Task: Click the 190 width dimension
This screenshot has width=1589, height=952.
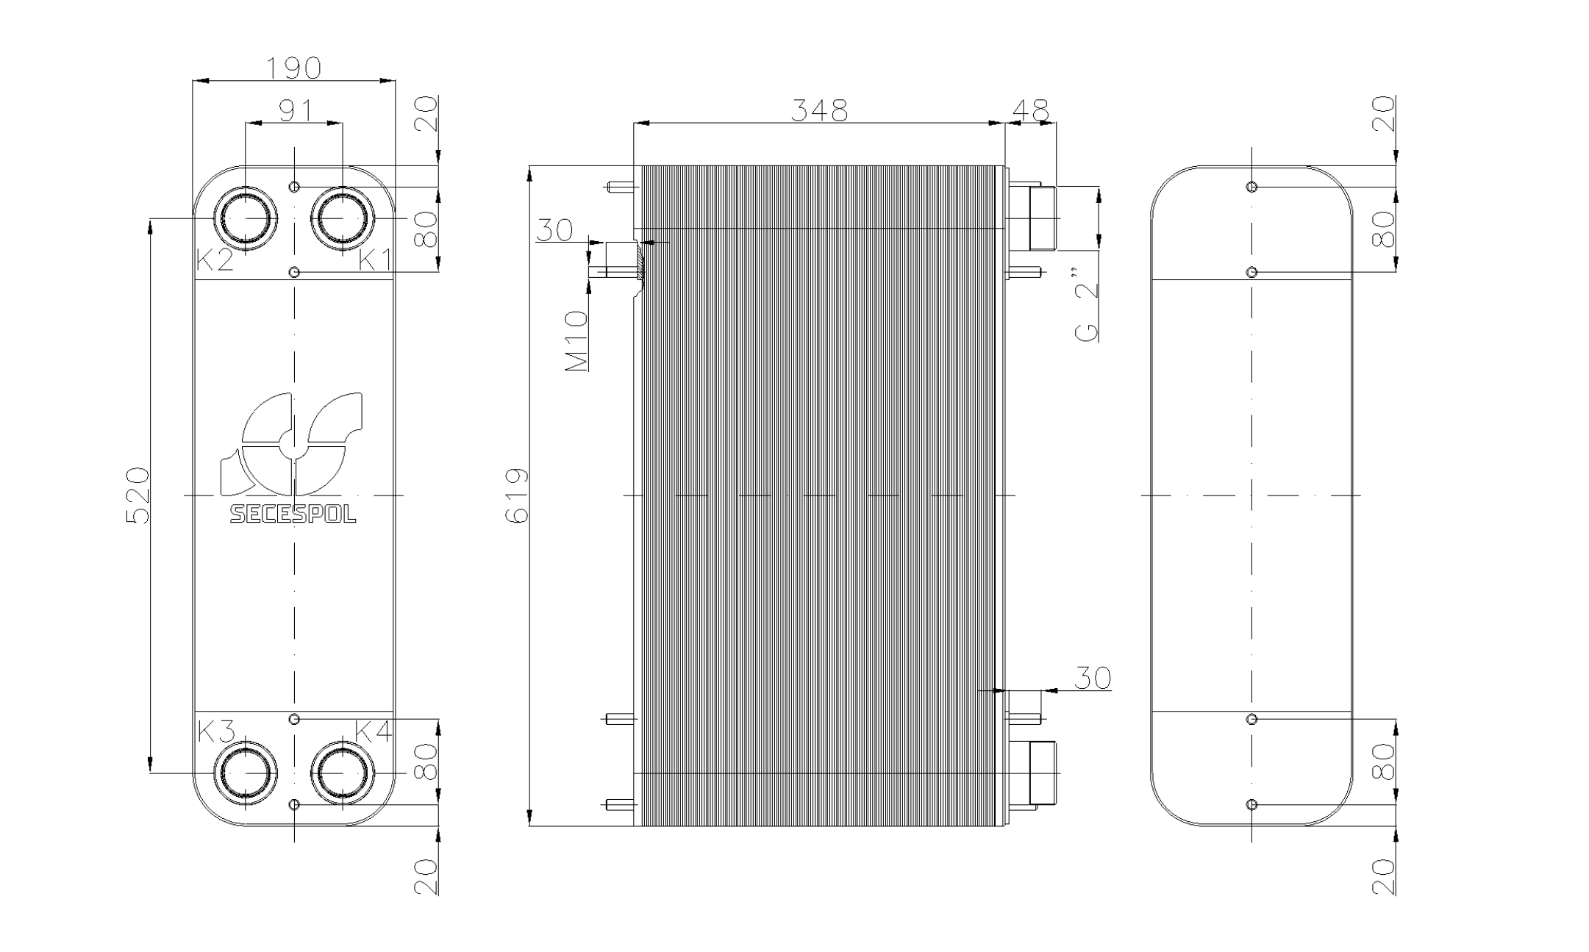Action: (x=293, y=68)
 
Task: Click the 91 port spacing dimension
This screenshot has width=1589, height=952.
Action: (x=296, y=110)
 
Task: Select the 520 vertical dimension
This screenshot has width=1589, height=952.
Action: (x=138, y=495)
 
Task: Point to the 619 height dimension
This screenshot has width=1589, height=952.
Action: (x=517, y=495)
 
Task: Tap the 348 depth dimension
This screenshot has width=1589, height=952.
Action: (x=818, y=110)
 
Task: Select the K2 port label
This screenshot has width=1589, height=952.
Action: (x=215, y=260)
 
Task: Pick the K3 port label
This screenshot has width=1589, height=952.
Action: (x=217, y=731)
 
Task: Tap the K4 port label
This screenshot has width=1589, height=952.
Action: (x=374, y=731)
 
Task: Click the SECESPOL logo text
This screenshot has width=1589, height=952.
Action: (x=293, y=514)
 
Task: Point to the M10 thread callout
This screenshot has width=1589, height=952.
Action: (x=577, y=340)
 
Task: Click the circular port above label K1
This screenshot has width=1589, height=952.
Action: (x=343, y=218)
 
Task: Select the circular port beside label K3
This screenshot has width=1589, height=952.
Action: (x=246, y=773)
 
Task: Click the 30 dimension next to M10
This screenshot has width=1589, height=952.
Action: (x=554, y=230)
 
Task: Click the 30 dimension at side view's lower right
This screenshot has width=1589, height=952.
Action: (x=1093, y=679)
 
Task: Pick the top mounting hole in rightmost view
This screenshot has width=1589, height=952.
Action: (x=1252, y=187)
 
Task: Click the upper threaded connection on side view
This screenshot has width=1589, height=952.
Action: (x=1041, y=218)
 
